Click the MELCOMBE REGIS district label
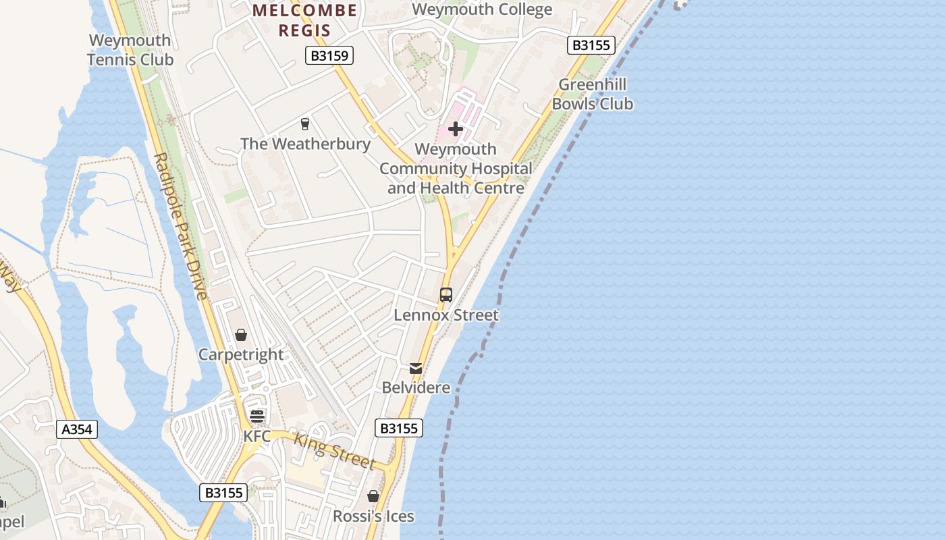click(x=304, y=20)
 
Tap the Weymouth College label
click(x=482, y=9)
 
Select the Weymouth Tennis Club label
click(x=131, y=50)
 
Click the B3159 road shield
click(x=329, y=55)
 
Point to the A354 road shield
click(x=77, y=429)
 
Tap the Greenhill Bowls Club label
click(x=593, y=94)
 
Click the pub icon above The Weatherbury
click(x=304, y=124)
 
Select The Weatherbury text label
click(x=305, y=144)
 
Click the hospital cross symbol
click(x=456, y=129)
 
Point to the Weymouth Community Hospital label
click(x=456, y=168)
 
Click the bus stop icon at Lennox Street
click(x=446, y=295)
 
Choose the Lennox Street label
click(x=446, y=315)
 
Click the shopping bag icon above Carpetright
click(x=241, y=335)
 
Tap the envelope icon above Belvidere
click(x=416, y=369)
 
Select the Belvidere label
click(x=416, y=387)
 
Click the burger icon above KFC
click(x=256, y=416)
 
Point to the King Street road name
click(x=333, y=450)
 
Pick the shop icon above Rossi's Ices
click(x=373, y=497)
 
